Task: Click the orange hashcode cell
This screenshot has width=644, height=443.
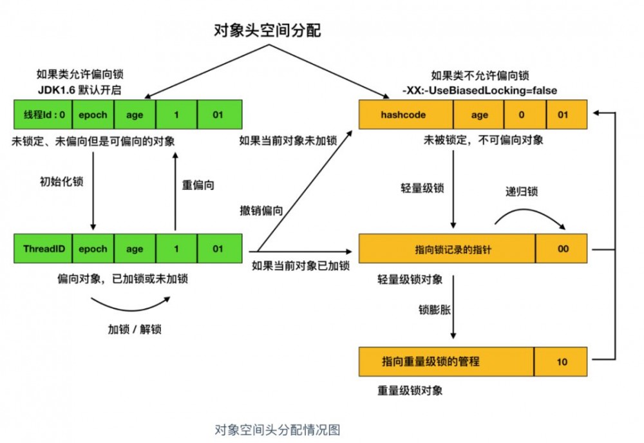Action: [x=406, y=115]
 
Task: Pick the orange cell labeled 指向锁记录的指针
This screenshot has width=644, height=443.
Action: [x=446, y=249]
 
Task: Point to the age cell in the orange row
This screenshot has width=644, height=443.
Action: [x=479, y=115]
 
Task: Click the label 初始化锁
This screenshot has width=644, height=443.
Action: [x=62, y=181]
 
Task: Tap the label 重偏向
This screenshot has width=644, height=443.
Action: [x=198, y=185]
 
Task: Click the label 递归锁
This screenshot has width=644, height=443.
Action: [x=521, y=191]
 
